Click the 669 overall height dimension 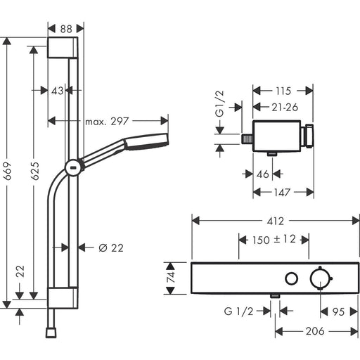pyautogui.click(x=8, y=171)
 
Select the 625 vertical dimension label pyautogui.click(x=35, y=171)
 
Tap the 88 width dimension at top pyautogui.click(x=66, y=29)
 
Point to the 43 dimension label pyautogui.click(x=57, y=91)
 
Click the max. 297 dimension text pyautogui.click(x=107, y=122)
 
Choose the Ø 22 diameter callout pyautogui.click(x=111, y=247)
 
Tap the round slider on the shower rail pyautogui.click(x=74, y=167)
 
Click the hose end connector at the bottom pyautogui.click(x=51, y=333)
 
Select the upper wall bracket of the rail pyautogui.click(x=63, y=47)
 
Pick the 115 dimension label pyautogui.click(x=283, y=91)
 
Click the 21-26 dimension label pyautogui.click(x=285, y=108)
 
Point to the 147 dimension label pyautogui.click(x=282, y=193)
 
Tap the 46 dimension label pyautogui.click(x=263, y=174)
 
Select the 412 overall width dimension pyautogui.click(x=276, y=221)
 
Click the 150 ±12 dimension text pyautogui.click(x=274, y=240)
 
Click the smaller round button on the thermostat pyautogui.click(x=291, y=278)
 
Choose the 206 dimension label pyautogui.click(x=315, y=331)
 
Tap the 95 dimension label pyautogui.click(x=338, y=311)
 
